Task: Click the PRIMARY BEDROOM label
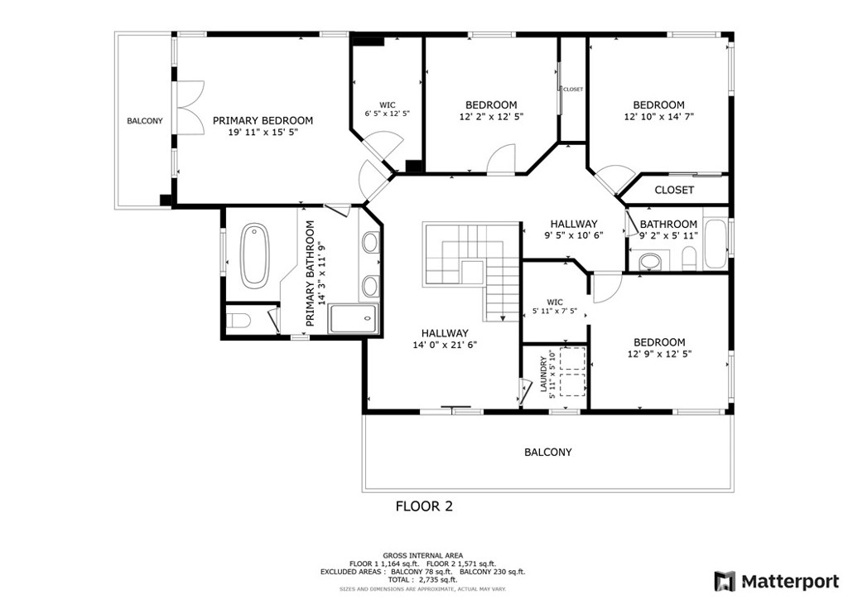click(263, 121)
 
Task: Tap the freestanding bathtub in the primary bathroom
click(254, 255)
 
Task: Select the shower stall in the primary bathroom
click(354, 319)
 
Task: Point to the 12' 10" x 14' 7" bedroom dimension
click(658, 116)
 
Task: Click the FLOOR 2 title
click(424, 506)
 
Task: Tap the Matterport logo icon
click(725, 581)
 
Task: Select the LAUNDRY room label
click(543, 374)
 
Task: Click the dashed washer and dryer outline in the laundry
click(573, 372)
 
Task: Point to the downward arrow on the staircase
click(503, 319)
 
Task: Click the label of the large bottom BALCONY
click(548, 452)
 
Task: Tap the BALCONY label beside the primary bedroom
click(145, 121)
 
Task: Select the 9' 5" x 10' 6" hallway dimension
click(573, 235)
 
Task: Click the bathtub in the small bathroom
click(716, 243)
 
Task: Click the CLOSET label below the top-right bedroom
click(674, 190)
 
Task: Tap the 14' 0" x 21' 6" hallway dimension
click(445, 345)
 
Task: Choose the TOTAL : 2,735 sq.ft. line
click(422, 579)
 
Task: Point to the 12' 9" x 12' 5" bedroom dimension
click(659, 354)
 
